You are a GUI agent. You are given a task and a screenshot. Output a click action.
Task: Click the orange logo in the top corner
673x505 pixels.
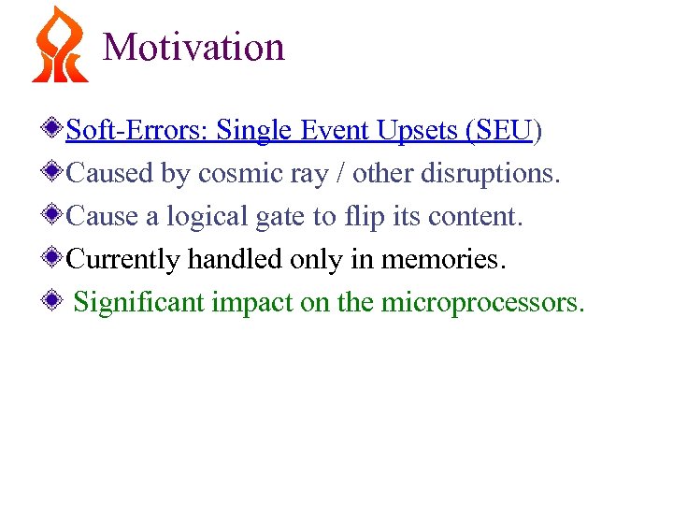[x=59, y=45]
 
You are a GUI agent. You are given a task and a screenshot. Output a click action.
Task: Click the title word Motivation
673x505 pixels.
[x=193, y=47]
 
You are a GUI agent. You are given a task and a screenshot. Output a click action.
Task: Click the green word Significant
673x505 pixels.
[x=138, y=303]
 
